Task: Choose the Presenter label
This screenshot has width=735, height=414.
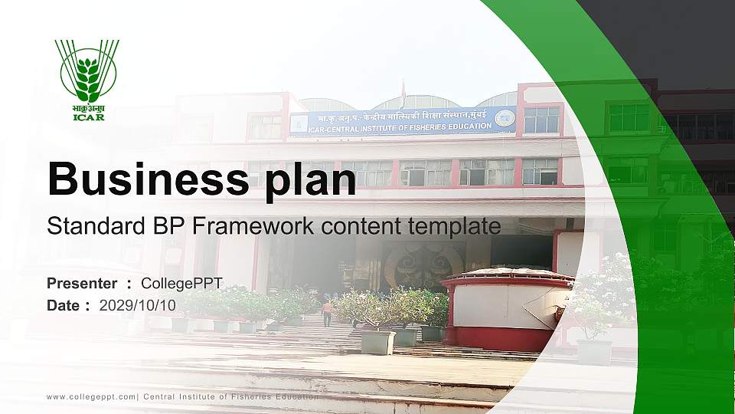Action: pyautogui.click(x=82, y=284)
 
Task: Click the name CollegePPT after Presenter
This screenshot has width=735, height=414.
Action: pyautogui.click(x=181, y=284)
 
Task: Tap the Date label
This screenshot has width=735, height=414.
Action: pyautogui.click(x=64, y=305)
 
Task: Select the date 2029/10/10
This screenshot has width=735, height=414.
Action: pyautogui.click(x=138, y=305)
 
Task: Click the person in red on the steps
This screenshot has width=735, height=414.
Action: pyautogui.click(x=327, y=312)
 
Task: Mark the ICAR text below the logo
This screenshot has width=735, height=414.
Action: pyautogui.click(x=89, y=117)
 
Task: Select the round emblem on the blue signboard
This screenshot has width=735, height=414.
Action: pyautogui.click(x=504, y=118)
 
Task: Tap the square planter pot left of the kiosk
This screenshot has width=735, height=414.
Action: pyautogui.click(x=377, y=341)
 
